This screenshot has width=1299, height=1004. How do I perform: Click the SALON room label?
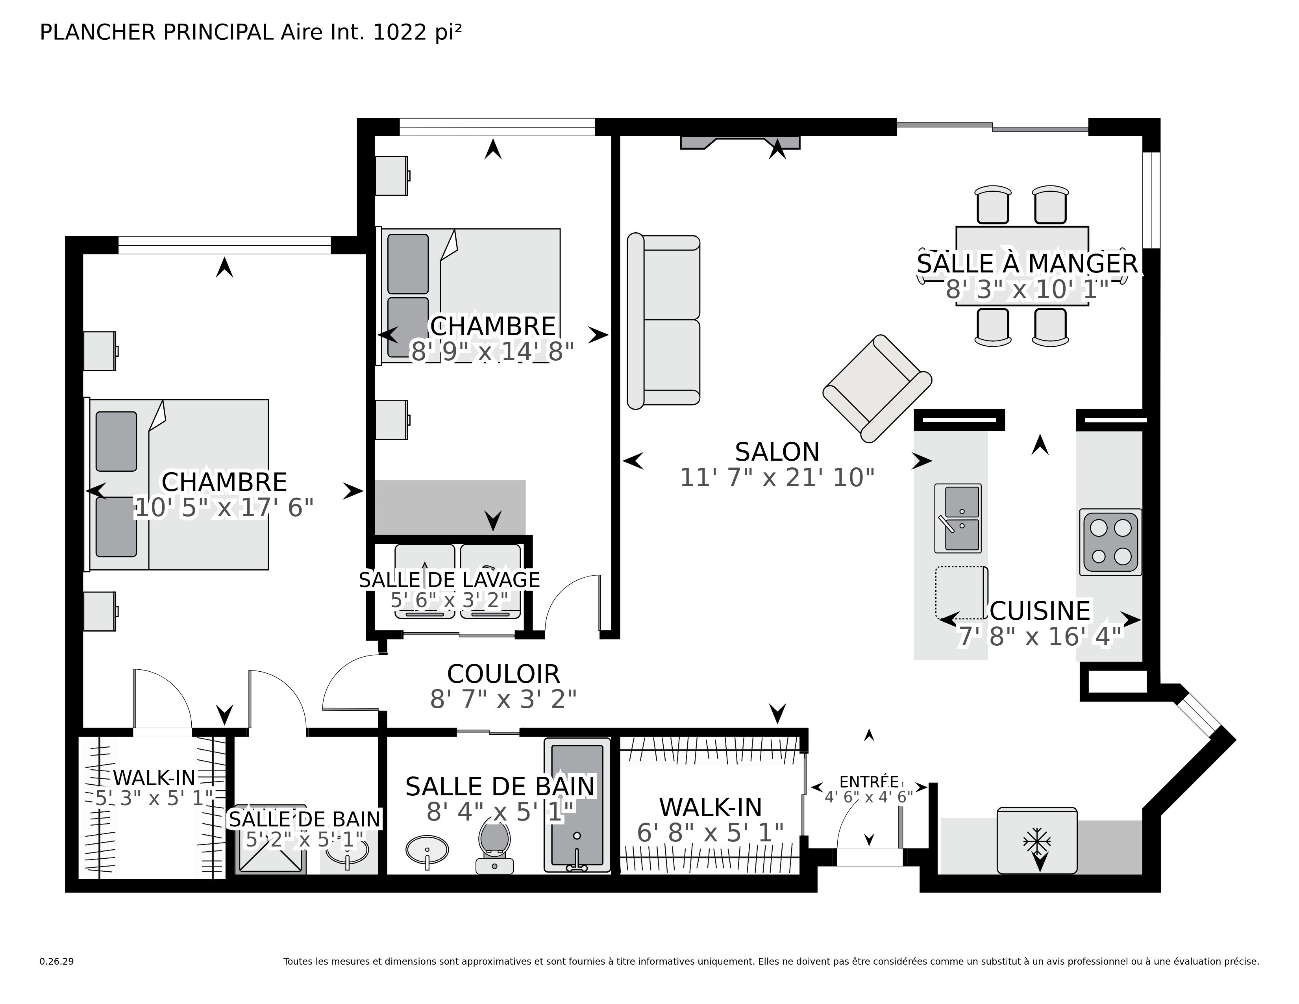pos(777,452)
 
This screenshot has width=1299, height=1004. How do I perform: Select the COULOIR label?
pos(503,674)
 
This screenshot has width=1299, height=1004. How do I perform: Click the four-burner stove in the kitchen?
pos(1110,542)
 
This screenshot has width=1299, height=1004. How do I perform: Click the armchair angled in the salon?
pos(877,388)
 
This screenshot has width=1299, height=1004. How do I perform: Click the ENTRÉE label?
pos(868,782)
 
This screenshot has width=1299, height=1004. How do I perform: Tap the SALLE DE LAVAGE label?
pos(449,580)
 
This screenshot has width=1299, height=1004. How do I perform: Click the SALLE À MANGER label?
pos(1027,263)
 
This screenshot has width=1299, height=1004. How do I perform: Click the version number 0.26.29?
pos(57,961)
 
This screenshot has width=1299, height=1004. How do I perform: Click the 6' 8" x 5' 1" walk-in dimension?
pos(710,833)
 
